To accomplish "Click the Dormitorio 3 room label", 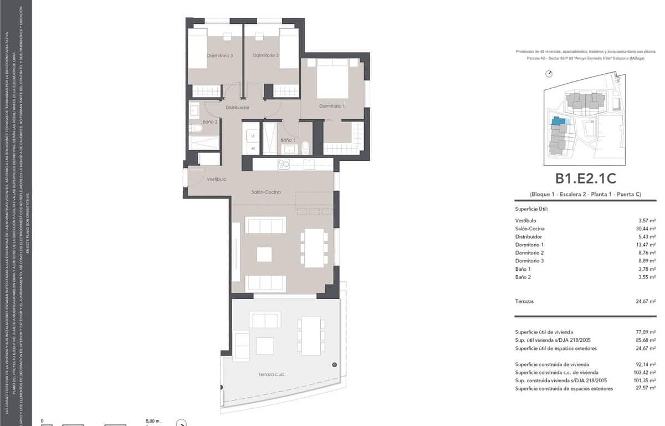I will [x=219, y=55].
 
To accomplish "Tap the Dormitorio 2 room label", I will [x=265, y=55].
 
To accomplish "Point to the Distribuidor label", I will [x=237, y=108].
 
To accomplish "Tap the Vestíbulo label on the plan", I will [x=216, y=179].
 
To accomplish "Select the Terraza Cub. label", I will [x=272, y=375].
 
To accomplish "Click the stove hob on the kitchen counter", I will [x=284, y=164].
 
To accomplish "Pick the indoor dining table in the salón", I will [x=314, y=247].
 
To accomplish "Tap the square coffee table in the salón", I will [x=264, y=254].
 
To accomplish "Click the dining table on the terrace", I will [x=311, y=335].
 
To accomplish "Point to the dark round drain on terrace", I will [x=334, y=364].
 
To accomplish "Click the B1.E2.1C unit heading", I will [x=586, y=179].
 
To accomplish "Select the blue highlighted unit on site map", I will [x=559, y=121].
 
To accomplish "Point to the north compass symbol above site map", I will [x=549, y=73].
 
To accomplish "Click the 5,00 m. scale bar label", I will [x=152, y=421].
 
